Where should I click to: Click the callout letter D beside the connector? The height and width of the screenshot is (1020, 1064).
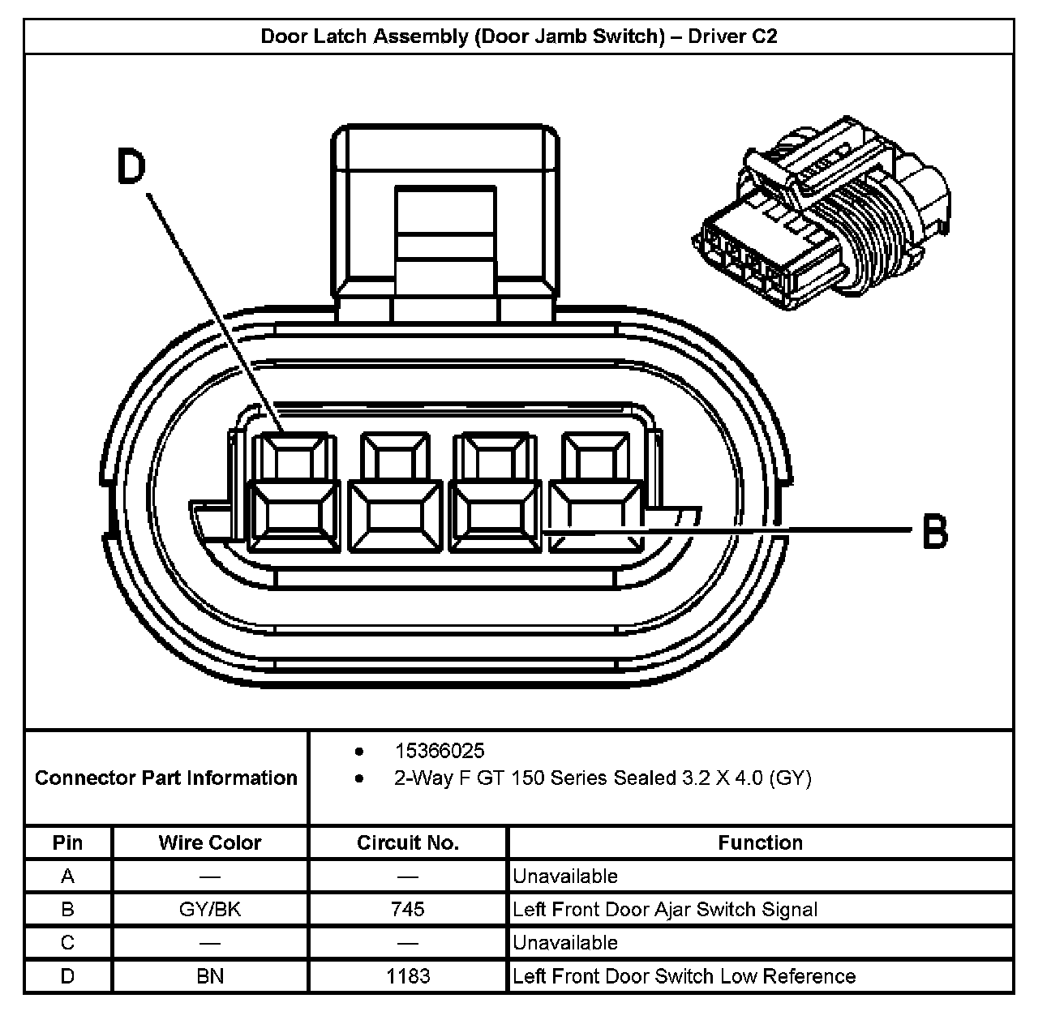[131, 168]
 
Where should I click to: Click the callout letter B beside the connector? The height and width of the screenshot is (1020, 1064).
[935, 532]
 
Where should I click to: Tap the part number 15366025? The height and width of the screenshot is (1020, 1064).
[440, 751]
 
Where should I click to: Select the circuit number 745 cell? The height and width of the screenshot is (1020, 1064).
[407, 909]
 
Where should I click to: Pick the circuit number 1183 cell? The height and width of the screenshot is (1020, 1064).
[407, 975]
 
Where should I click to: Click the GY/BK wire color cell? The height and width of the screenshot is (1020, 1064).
[210, 909]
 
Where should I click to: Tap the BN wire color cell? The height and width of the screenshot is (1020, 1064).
[210, 975]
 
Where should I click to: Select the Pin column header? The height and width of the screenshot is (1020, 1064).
[67, 842]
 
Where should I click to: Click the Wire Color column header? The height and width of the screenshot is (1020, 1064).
[210, 842]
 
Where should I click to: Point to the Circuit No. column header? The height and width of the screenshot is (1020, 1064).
[407, 842]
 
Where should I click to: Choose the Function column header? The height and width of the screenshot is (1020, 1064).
[760, 842]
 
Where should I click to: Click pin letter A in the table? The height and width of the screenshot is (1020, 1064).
[67, 876]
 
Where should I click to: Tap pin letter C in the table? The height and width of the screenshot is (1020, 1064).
[67, 942]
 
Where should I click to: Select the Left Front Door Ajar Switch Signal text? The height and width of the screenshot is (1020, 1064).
[665, 909]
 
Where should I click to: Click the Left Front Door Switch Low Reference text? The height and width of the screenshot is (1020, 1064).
[684, 975]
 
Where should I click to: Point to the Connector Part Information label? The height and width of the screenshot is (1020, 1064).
[166, 778]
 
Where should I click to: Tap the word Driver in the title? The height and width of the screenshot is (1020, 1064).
[716, 36]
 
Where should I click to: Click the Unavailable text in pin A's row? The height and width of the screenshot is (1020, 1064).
[565, 876]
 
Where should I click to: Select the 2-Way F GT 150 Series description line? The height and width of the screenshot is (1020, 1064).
[603, 778]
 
